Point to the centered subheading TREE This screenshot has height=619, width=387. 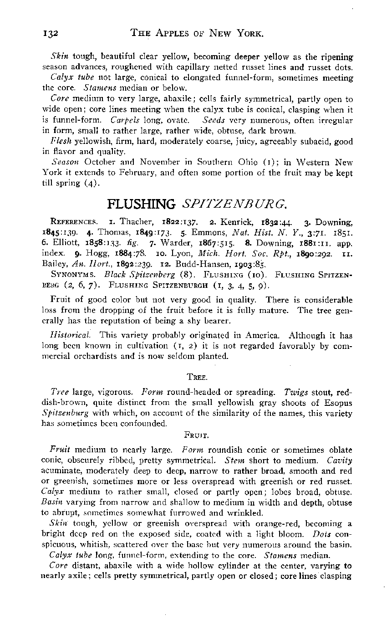tap(194, 377)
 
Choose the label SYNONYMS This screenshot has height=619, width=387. tap(67, 276)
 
